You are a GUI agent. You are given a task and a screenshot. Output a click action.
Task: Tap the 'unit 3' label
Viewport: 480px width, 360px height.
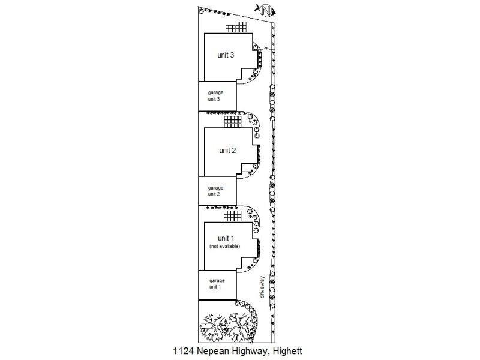pyautogui.click(x=226, y=55)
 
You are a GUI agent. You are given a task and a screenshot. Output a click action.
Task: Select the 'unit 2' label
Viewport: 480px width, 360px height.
pyautogui.click(x=227, y=151)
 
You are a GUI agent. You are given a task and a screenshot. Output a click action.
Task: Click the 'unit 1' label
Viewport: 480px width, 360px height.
pyautogui.click(x=226, y=238)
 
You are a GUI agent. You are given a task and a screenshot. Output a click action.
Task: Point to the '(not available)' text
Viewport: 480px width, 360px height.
pyautogui.click(x=224, y=247)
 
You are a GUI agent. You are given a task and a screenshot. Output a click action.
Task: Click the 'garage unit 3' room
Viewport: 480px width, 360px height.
pyautogui.click(x=217, y=96)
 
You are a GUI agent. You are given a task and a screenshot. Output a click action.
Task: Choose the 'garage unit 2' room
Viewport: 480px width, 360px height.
pyautogui.click(x=217, y=191)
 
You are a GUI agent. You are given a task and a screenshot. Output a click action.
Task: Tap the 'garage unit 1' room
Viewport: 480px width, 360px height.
pyautogui.click(x=217, y=285)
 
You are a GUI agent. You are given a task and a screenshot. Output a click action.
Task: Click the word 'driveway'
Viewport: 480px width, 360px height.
pyautogui.click(x=262, y=287)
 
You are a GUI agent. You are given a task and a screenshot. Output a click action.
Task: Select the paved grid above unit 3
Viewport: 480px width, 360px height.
pyautogui.click(x=236, y=27)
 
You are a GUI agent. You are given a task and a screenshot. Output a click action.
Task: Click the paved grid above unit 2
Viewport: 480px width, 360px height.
pyautogui.click(x=233, y=122)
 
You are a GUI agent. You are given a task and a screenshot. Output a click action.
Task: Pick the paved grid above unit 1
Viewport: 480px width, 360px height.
pyautogui.click(x=232, y=216)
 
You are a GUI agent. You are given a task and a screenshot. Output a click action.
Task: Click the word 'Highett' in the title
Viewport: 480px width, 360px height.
pyautogui.click(x=287, y=351)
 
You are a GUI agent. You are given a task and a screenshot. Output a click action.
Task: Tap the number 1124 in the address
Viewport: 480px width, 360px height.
pyautogui.click(x=184, y=351)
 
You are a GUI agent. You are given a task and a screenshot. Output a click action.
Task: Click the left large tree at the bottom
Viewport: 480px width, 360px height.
pyautogui.click(x=213, y=327)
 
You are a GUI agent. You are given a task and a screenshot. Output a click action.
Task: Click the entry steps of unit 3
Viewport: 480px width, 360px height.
pyautogui.click(x=247, y=74)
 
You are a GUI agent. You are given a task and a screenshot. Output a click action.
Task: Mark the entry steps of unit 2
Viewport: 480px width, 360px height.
pyautogui.click(x=247, y=170)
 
